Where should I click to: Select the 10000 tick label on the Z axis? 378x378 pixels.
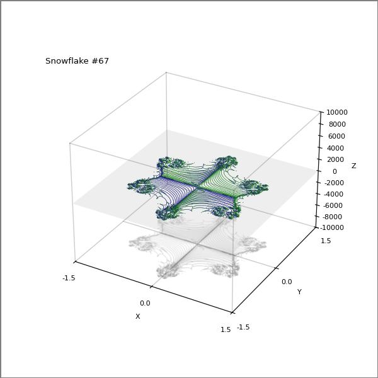(x=337, y=112)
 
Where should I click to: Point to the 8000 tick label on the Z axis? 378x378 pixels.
(x=337, y=124)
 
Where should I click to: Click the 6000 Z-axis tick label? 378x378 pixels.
(x=336, y=136)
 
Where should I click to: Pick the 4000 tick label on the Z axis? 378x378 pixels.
(x=335, y=148)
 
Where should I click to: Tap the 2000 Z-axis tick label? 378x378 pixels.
(x=335, y=159)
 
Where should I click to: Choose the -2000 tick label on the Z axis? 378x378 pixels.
(x=334, y=183)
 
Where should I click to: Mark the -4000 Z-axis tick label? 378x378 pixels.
(x=333, y=194)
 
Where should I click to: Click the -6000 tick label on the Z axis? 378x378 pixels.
(x=333, y=205)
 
